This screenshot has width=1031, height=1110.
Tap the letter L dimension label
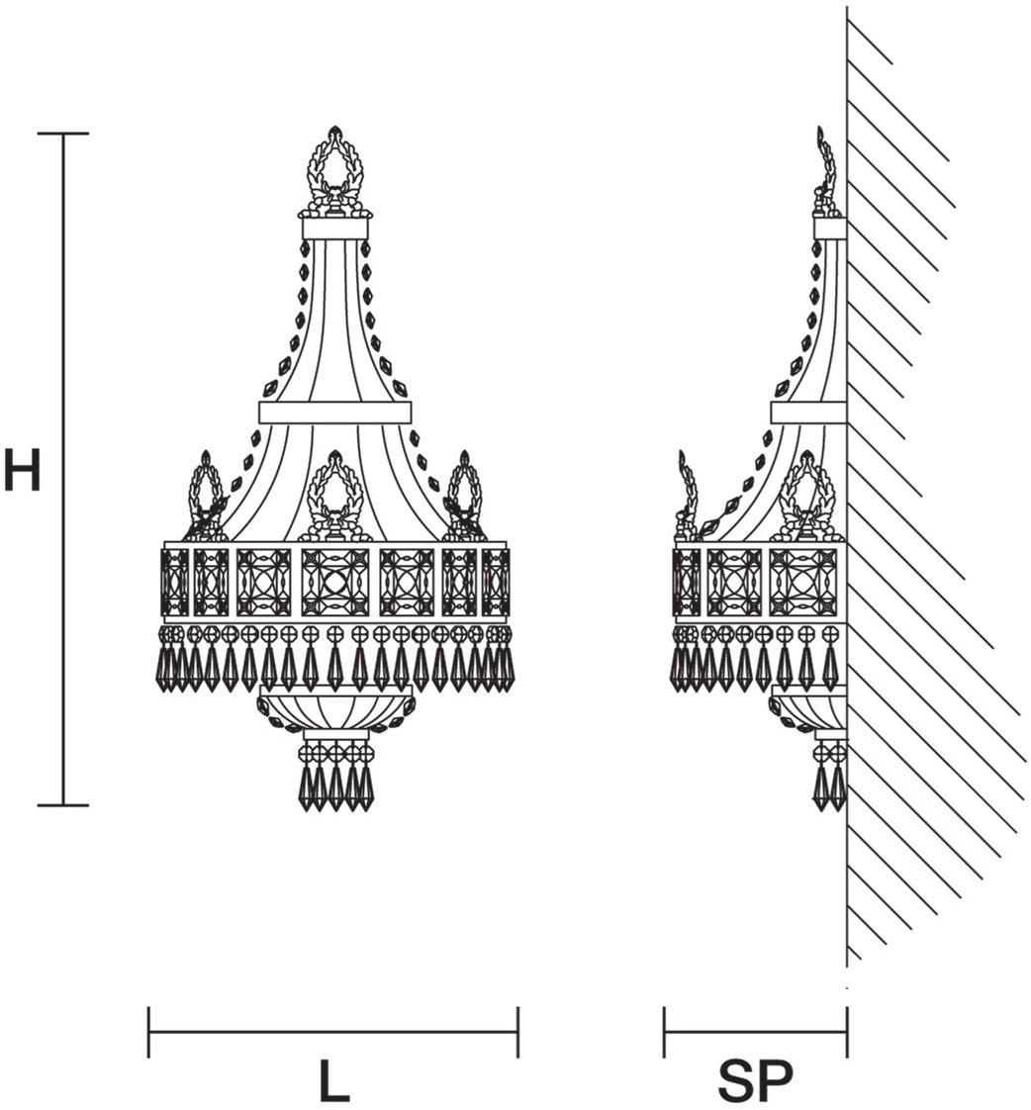(x=333, y=1081)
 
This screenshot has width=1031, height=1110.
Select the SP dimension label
(x=755, y=1081)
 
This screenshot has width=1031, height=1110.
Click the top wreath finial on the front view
(x=334, y=173)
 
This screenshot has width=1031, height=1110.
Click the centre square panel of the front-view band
(x=334, y=583)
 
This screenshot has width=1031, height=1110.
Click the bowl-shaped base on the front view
(x=334, y=711)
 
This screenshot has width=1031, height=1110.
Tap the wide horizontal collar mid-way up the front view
(x=334, y=413)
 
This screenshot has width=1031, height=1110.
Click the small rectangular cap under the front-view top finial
(x=334, y=229)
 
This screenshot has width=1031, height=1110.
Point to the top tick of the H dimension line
(x=63, y=134)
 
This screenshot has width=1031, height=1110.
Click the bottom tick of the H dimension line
(x=63, y=805)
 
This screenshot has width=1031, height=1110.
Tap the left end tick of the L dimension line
(x=148, y=1032)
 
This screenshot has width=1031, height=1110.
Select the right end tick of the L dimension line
(x=517, y=1032)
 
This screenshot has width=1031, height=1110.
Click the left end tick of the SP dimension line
(x=665, y=1032)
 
